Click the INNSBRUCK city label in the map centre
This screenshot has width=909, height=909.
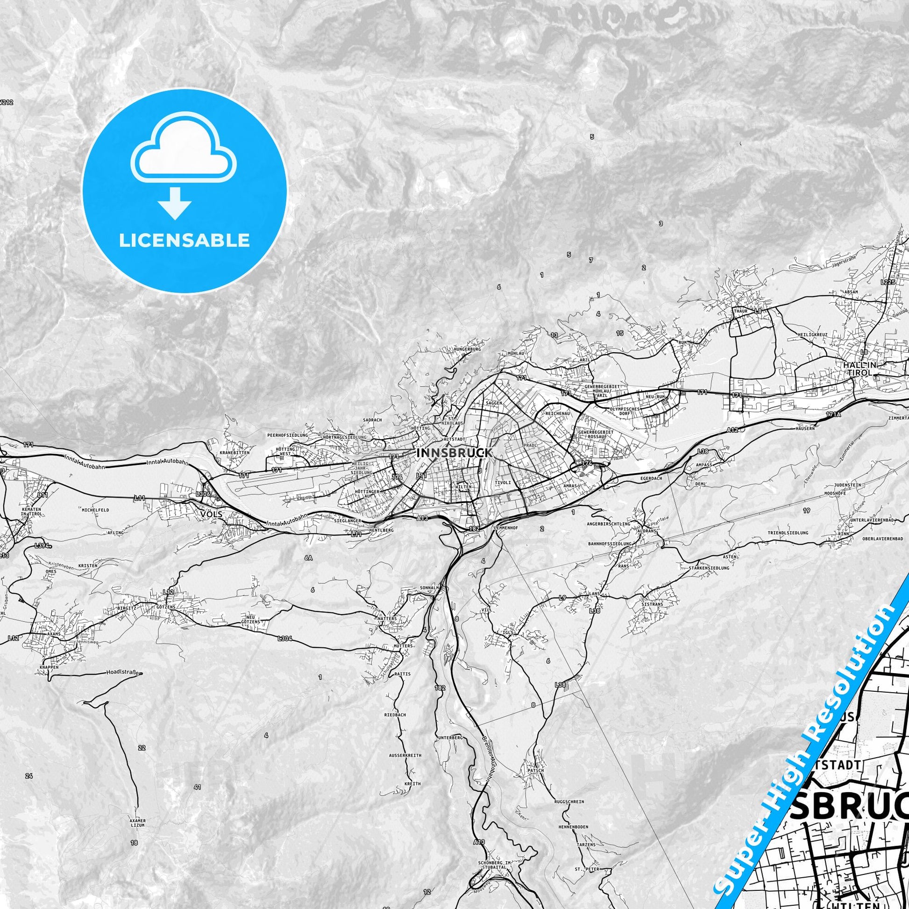[454, 453]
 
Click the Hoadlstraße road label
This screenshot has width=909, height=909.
[124, 673]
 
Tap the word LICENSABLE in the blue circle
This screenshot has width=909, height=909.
[184, 241]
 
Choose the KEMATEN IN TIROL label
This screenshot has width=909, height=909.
[31, 512]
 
